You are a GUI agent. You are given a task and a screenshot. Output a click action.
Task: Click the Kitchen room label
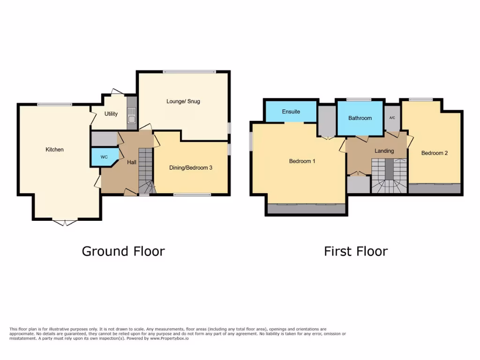(54, 150)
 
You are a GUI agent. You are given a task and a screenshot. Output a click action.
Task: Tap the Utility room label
(111, 114)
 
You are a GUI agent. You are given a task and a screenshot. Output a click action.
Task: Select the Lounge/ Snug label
(183, 101)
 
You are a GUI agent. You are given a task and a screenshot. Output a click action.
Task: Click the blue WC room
(104, 157)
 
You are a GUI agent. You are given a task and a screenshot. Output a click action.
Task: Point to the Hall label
(132, 162)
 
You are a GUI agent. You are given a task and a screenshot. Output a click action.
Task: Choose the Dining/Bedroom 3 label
(191, 167)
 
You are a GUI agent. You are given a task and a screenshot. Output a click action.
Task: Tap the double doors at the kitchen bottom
(65, 222)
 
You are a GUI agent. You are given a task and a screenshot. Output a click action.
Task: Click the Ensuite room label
(291, 112)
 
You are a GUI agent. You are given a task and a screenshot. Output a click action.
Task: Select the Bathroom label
(360, 118)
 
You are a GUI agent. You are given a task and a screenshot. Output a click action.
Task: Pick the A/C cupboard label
(392, 118)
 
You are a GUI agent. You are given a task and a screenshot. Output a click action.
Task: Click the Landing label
(384, 151)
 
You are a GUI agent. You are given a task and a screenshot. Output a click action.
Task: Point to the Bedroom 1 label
(302, 161)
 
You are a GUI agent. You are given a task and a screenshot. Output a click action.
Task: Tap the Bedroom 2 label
(434, 153)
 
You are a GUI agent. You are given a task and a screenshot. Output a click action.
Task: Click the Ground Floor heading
(123, 251)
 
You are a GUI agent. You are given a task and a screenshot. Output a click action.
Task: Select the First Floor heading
(356, 251)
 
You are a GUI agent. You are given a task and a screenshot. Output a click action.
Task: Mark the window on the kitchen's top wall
(54, 104)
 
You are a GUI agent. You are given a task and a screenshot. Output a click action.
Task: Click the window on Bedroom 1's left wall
(251, 141)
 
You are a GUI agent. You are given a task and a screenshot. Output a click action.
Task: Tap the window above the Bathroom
(359, 100)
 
